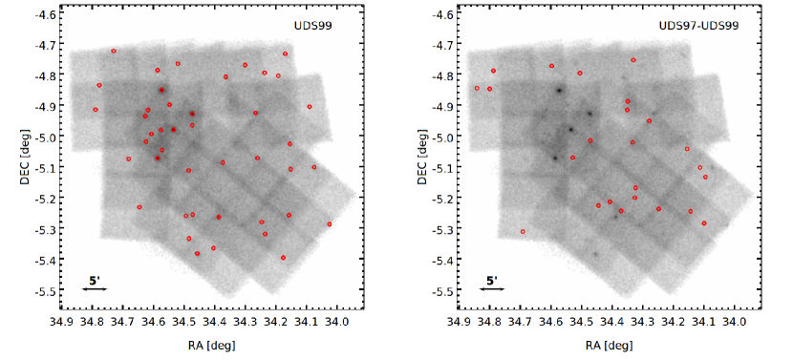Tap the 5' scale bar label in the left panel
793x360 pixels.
95,280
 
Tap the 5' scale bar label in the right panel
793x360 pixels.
491,280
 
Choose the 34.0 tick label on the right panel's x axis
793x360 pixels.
734,323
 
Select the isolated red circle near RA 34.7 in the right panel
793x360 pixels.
523,231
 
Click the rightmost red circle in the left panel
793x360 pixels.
329,224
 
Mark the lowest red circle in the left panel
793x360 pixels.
284,258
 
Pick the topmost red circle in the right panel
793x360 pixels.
633,60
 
